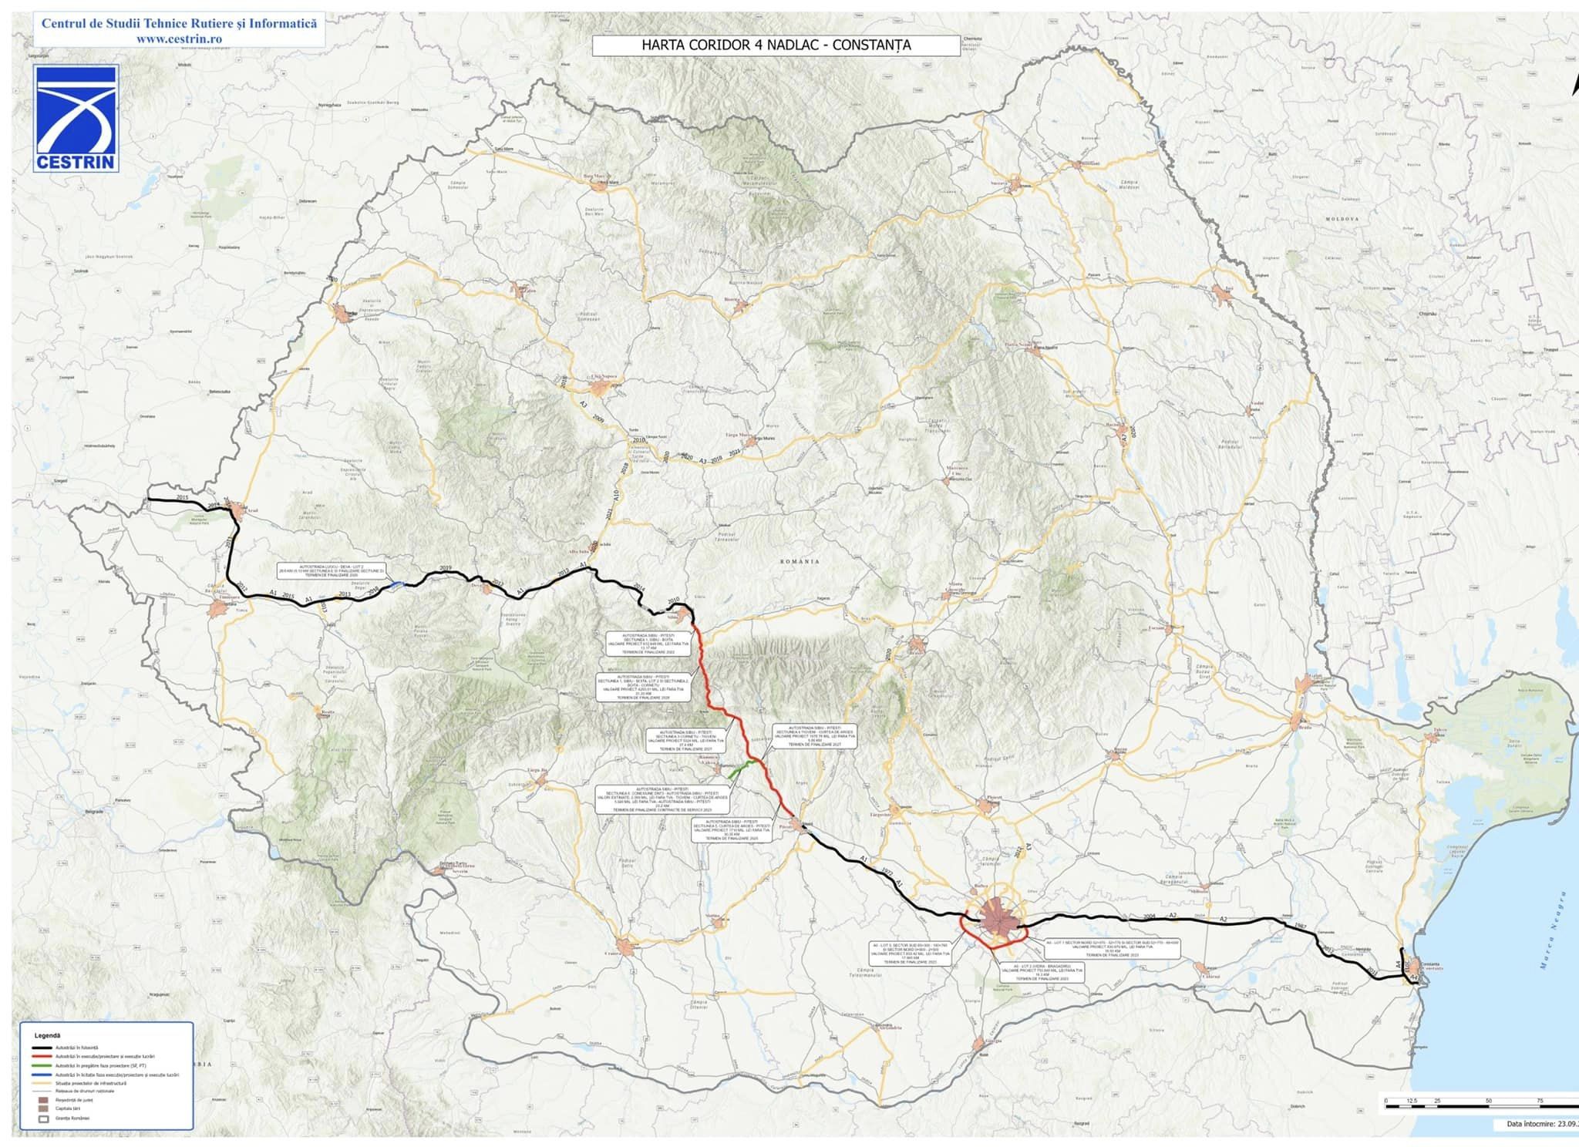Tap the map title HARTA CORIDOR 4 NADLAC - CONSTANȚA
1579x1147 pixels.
776,45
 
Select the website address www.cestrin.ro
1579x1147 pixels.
179,39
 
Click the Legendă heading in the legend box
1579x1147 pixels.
47,1035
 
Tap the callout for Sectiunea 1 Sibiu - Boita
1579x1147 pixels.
646,644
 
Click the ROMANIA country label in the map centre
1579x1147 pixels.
800,562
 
